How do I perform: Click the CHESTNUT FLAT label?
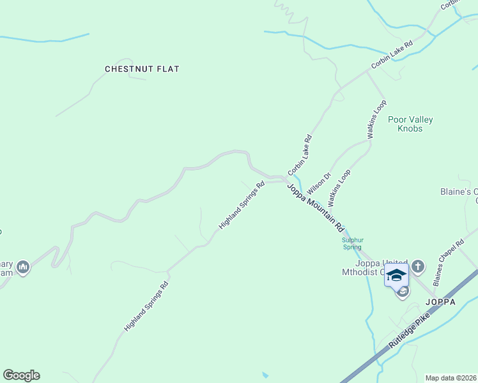click(x=142, y=68)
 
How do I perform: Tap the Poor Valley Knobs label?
click(x=410, y=124)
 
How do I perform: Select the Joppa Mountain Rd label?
click(x=316, y=207)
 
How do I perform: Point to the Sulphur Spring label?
click(x=351, y=243)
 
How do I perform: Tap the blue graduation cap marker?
click(x=396, y=275)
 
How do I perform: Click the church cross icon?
click(x=418, y=266)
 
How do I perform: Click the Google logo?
click(x=21, y=375)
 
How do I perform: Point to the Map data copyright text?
click(x=451, y=378)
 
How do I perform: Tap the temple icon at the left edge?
click(x=23, y=267)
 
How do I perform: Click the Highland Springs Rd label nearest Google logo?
click(x=146, y=306)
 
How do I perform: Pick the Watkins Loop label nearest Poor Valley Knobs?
click(x=376, y=119)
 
